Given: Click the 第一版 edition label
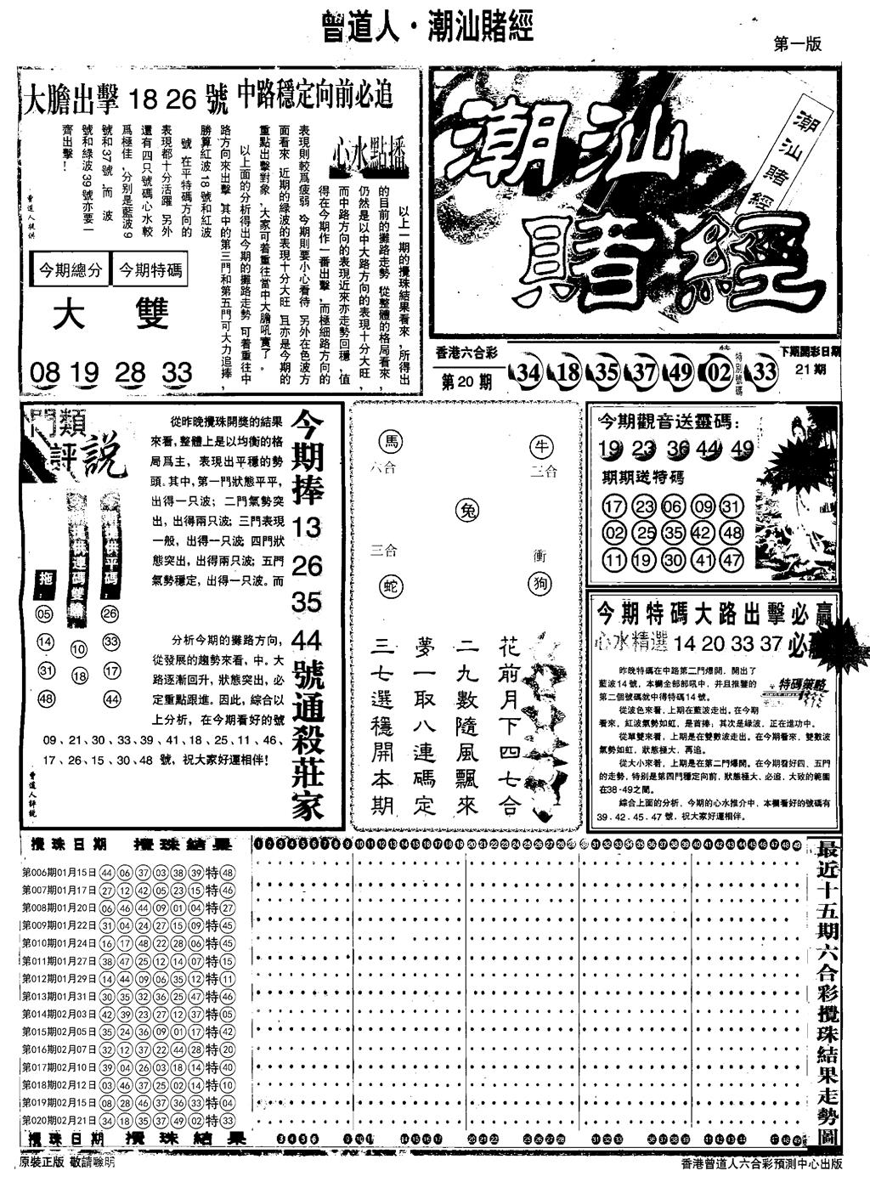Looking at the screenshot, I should click(x=798, y=45).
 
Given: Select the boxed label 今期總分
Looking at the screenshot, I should click(x=71, y=270).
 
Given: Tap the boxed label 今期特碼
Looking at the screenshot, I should click(x=150, y=270).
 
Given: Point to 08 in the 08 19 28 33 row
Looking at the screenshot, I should click(x=45, y=372).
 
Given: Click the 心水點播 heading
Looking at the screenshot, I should click(x=370, y=156).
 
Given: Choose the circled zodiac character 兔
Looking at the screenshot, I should click(x=466, y=510).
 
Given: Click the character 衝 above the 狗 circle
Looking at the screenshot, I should click(x=539, y=556).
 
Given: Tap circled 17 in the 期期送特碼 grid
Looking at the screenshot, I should click(x=613, y=507).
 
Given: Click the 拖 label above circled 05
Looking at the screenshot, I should click(x=46, y=580).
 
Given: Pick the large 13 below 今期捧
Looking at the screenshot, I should click(x=307, y=528).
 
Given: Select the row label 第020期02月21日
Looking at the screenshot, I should click(x=59, y=1119).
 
